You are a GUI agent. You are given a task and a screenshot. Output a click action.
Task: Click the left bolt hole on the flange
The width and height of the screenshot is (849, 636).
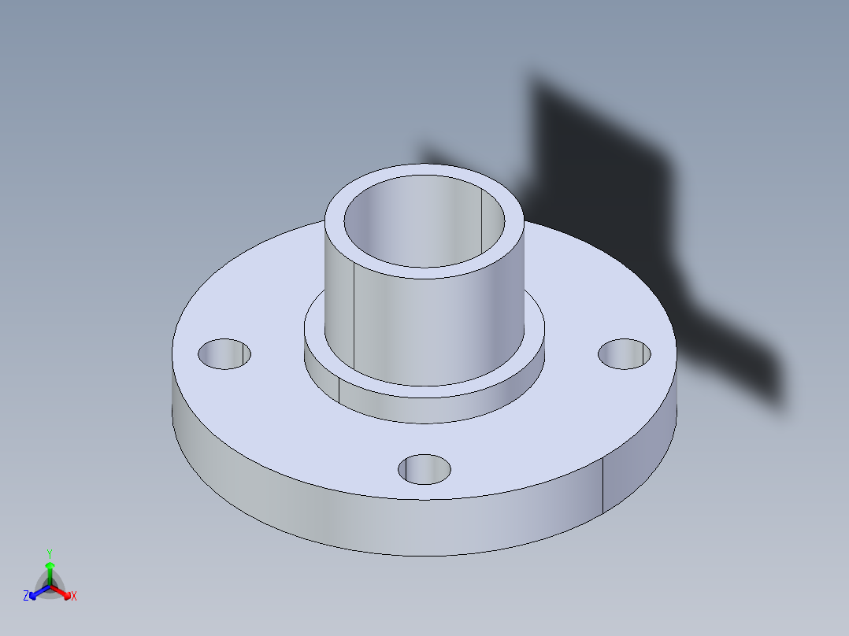pyautogui.click(x=224, y=354)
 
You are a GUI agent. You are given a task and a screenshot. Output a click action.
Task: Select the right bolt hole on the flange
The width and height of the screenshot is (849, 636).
pyautogui.click(x=625, y=353)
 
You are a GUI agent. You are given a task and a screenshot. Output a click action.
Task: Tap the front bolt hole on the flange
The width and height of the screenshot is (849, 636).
pyautogui.click(x=424, y=469)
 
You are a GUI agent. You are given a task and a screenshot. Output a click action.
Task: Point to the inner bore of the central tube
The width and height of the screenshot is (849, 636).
pyautogui.click(x=410, y=228)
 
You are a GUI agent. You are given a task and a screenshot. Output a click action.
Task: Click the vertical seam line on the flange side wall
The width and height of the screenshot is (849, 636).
pyautogui.click(x=603, y=484)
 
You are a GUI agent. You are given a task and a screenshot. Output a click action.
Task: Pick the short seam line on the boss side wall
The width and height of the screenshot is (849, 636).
pyautogui.click(x=339, y=389)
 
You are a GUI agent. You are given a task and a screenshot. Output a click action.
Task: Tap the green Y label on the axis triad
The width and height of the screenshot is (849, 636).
pyautogui.click(x=50, y=553)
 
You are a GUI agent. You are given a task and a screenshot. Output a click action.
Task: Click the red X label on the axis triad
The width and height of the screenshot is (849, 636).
pyautogui.click(x=74, y=597)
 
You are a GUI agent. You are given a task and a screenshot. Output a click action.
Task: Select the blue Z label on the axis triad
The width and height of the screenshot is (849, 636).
pyautogui.click(x=26, y=597)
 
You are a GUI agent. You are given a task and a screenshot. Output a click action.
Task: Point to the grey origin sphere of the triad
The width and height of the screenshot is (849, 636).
pyautogui.click(x=50, y=587)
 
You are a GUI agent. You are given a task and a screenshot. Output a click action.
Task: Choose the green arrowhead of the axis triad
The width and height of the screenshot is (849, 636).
pyautogui.click(x=50, y=565)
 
